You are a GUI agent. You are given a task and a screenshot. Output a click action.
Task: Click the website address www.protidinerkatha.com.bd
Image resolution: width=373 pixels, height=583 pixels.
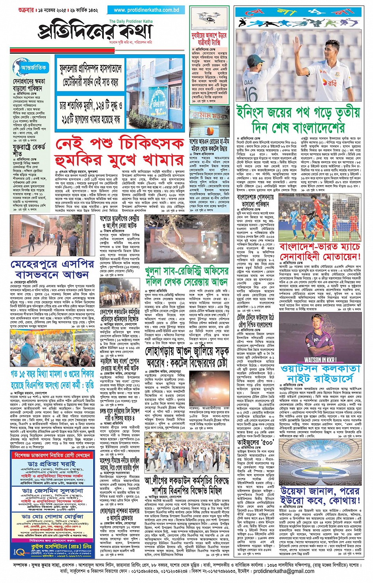[x=146, y=10]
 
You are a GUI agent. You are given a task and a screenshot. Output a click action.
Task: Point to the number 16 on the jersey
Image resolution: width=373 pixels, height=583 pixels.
[x=251, y=94]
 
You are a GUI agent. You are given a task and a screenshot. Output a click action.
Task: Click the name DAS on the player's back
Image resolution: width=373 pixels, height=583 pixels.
[x=248, y=82]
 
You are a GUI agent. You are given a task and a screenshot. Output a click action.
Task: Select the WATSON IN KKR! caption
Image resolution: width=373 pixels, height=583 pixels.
[x=320, y=359]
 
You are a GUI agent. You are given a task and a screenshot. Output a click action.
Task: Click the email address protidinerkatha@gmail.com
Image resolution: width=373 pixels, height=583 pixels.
[x=284, y=571]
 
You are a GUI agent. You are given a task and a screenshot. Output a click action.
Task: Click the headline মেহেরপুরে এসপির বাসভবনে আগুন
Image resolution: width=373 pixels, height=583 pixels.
[x=52, y=269]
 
